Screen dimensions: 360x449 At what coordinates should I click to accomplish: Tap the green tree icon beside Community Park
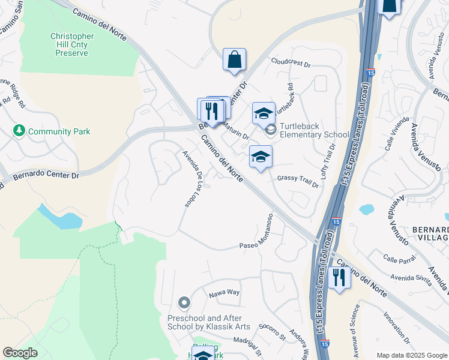[x=19, y=131]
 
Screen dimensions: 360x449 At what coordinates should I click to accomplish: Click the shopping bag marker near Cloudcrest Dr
[x=234, y=60]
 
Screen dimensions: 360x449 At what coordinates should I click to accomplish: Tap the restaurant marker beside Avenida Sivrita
[x=339, y=277]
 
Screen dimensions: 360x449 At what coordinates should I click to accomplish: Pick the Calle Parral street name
[x=399, y=259]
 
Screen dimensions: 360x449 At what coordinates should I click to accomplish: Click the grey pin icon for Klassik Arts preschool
[x=184, y=304]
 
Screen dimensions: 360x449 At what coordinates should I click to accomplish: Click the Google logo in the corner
[x=20, y=353]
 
